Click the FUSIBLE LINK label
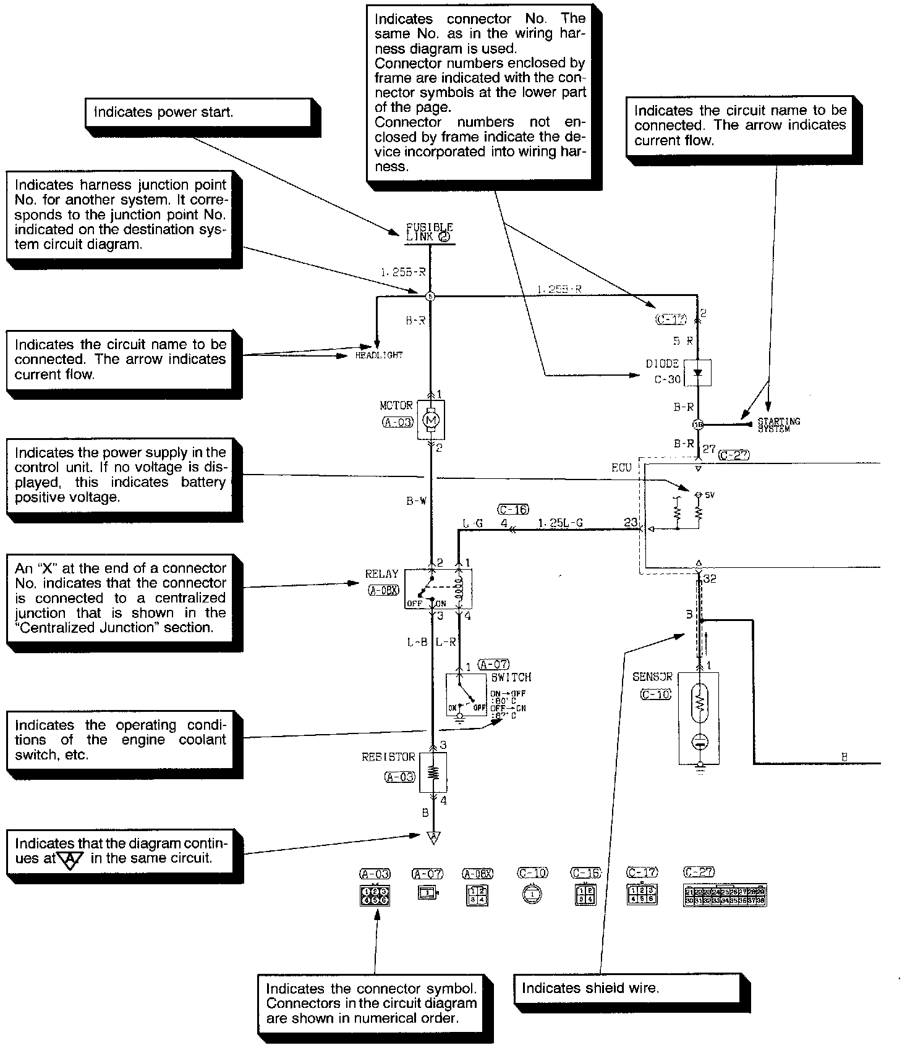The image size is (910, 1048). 429,232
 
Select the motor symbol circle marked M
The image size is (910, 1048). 431,420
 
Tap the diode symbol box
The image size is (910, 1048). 698,373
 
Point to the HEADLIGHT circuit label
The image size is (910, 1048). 378,355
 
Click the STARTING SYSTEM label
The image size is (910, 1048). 778,425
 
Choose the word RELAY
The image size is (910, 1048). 381,574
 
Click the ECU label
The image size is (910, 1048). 621,468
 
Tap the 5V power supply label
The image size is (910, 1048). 708,495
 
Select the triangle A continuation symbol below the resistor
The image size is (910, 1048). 434,837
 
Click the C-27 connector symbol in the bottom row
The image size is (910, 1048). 725,896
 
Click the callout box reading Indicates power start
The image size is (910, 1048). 198,112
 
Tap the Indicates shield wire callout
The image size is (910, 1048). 626,987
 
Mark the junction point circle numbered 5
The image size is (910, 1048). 431,297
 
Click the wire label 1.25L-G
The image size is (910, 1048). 560,523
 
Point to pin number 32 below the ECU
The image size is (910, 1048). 710,579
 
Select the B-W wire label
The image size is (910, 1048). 416,501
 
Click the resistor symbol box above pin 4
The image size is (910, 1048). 433,772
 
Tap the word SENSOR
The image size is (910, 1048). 652,677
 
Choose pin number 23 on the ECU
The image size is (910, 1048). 630,522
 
